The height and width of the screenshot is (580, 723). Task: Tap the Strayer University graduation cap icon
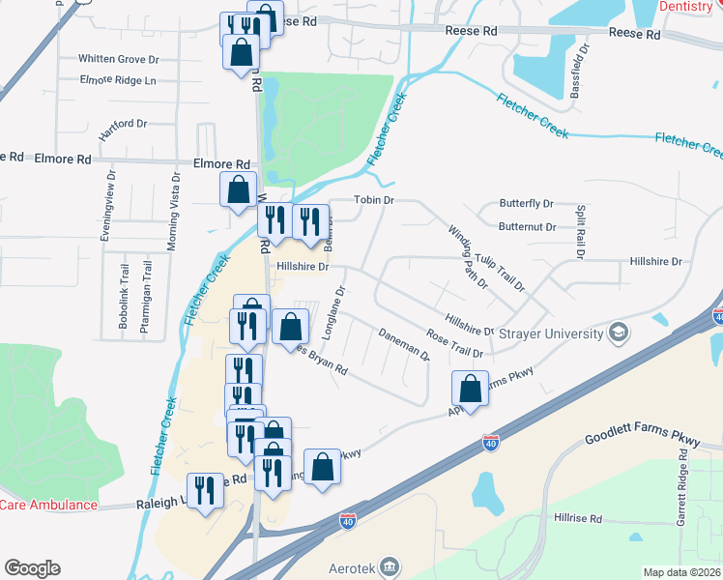(619, 334)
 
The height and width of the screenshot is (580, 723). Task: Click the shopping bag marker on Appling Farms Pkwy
(469, 390)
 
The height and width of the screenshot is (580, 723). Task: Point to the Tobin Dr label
(375, 200)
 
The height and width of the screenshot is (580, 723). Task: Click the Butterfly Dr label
(526, 204)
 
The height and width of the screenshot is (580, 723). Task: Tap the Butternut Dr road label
(528, 227)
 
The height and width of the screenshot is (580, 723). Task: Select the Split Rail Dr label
(581, 231)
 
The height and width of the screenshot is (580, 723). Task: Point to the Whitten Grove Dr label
(119, 59)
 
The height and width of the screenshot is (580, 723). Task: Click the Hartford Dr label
(122, 124)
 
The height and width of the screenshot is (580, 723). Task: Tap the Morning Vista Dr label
(172, 212)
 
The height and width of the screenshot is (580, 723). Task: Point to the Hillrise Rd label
(578, 519)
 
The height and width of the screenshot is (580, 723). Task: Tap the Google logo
(32, 567)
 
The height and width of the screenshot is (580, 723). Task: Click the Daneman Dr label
(404, 342)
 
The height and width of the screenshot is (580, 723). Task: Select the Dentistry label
(690, 6)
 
